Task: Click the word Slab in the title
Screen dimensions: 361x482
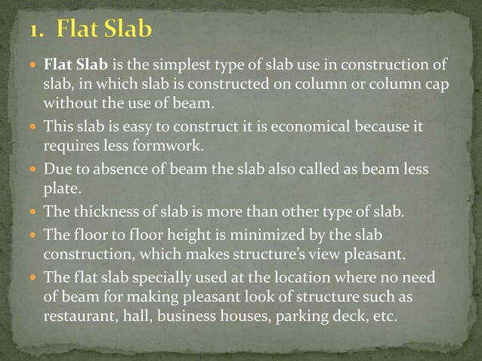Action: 125,29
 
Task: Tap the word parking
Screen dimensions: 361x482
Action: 296,316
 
